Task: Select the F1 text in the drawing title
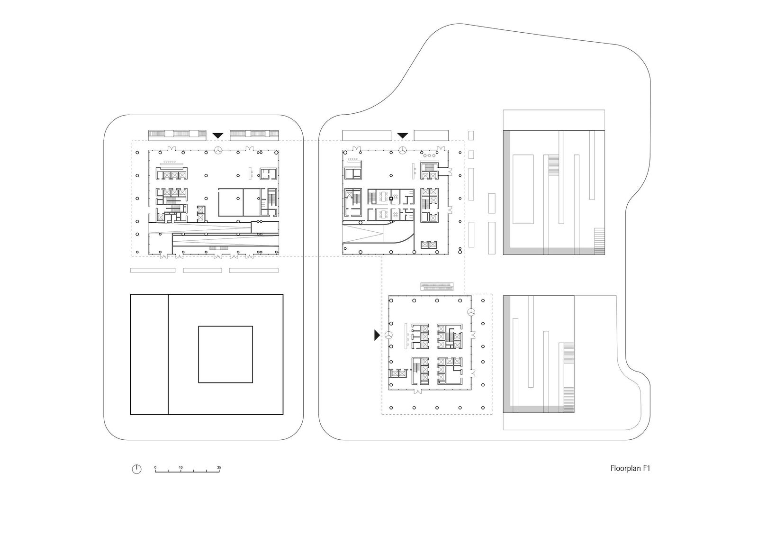[x=646, y=469]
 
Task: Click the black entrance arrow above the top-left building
[x=217, y=136]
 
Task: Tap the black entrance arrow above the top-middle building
[x=403, y=136]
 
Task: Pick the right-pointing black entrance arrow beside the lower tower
[x=377, y=335]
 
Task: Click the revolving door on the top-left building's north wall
[x=218, y=151]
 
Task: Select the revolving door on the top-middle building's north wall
[x=402, y=151]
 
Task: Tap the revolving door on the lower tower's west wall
[x=388, y=335]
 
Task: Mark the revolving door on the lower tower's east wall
[x=471, y=312]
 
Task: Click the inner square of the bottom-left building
[x=225, y=354]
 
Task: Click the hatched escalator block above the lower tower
[x=437, y=286]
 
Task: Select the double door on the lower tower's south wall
[x=417, y=391]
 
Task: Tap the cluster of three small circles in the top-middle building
[x=429, y=155]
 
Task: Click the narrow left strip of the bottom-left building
[x=149, y=354]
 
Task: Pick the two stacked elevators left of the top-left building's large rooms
[x=201, y=214]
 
